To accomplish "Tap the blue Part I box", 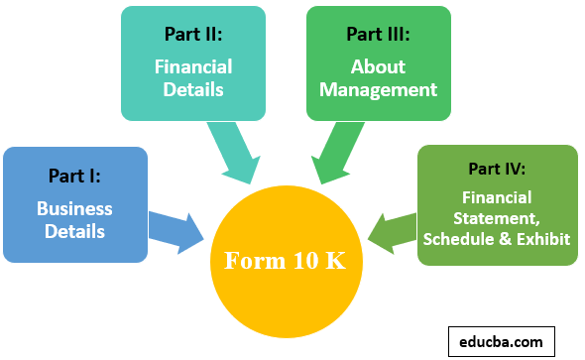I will pyautogui.click(x=74, y=204).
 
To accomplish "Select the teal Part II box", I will pyautogui.click(x=193, y=63).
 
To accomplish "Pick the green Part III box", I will pyautogui.click(x=378, y=63).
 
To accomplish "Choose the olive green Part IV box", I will pyautogui.click(x=496, y=205).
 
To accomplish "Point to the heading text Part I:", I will pyautogui.click(x=74, y=176).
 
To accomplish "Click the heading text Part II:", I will pyautogui.click(x=193, y=34).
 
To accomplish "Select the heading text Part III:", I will pyautogui.click(x=378, y=34).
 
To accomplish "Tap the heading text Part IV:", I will pyautogui.click(x=496, y=168).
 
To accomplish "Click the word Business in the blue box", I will pyautogui.click(x=74, y=209).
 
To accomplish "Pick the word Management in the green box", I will pyautogui.click(x=378, y=90).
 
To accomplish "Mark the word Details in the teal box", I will pyautogui.click(x=193, y=90).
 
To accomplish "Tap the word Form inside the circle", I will pyautogui.click(x=254, y=262).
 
